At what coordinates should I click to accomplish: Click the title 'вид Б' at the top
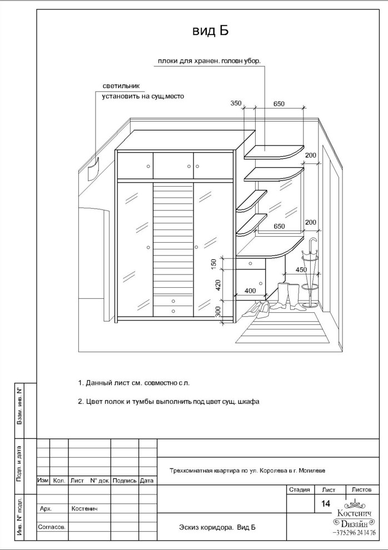point(210,31)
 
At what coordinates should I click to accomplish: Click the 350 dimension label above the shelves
point(236,103)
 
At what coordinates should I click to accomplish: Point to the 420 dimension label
point(218,286)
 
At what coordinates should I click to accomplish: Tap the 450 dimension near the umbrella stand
point(301,270)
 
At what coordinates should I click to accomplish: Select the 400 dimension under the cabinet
point(250,291)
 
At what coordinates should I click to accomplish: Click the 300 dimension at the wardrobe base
point(218,312)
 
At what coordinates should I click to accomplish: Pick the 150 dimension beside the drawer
point(214,264)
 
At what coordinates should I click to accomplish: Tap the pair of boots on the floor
point(286,296)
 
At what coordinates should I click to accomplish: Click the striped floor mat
point(284,327)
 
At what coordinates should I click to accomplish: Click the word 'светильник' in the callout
point(121,86)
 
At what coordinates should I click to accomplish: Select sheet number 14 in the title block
point(326,503)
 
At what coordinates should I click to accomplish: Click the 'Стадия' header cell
point(299,489)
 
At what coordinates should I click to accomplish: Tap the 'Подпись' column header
point(125,481)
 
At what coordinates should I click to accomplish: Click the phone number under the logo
point(354,532)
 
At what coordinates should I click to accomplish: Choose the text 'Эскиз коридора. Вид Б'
point(217,527)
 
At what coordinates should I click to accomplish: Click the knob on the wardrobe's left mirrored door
point(148,247)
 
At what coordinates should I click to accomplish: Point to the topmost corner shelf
point(273,152)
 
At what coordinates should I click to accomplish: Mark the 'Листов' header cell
point(361,489)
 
